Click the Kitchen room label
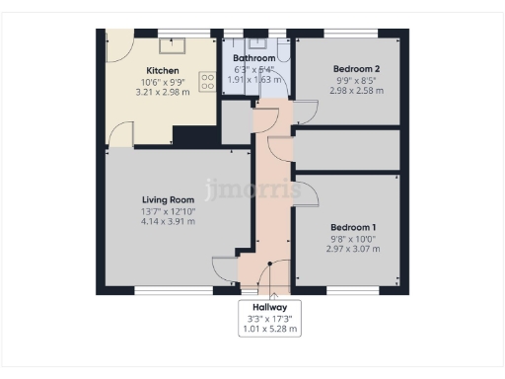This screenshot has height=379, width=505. coord(162,71)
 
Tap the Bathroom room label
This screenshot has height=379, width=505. coord(253,58)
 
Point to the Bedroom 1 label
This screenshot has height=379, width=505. coord(352,226)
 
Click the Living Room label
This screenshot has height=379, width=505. coord(168,199)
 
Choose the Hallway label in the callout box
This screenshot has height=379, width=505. coord(269,308)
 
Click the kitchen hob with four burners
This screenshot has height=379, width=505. coord(208,82)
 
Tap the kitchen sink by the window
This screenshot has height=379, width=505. coord(175,44)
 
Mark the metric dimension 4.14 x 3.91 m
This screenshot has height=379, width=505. coord(168,221)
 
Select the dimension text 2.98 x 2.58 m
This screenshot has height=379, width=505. coord(356,91)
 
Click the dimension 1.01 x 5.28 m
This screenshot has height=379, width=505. coord(269,330)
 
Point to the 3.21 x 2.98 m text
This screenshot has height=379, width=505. coord(162,93)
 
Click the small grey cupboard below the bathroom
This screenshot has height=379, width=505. coord(237,121)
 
